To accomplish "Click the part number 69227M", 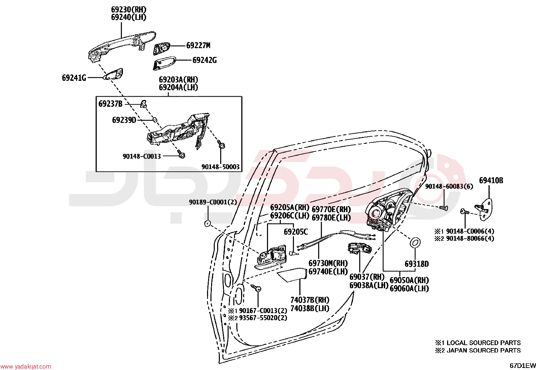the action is click(x=198, y=45).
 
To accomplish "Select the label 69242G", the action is click(x=205, y=60).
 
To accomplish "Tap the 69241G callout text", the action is click(x=74, y=78).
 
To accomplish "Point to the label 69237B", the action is click(x=110, y=104).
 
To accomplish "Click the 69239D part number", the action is click(x=124, y=120).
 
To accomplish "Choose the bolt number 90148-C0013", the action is click(x=142, y=156).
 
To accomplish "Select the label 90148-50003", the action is click(x=221, y=167).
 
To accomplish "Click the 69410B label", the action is click(x=491, y=180).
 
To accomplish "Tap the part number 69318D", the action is click(x=416, y=264).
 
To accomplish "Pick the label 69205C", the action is click(x=296, y=232).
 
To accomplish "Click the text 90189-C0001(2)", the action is click(x=213, y=202).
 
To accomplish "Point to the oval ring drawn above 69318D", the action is click(x=415, y=243).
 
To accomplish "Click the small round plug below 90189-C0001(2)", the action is click(x=207, y=223).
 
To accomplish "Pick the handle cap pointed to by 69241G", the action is click(x=113, y=74).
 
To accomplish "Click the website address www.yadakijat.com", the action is click(x=26, y=366).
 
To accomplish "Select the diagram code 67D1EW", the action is click(x=523, y=366).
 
